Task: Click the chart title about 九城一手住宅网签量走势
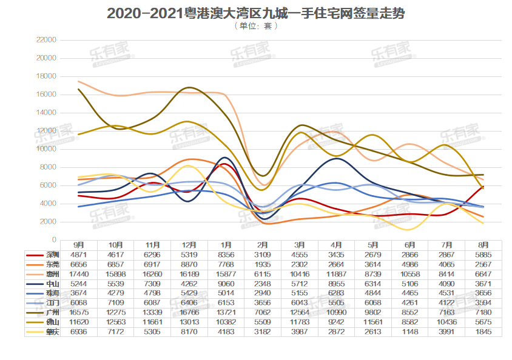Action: (x=256, y=13)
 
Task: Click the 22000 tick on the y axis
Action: (x=47, y=40)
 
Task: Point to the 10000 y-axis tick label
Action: (x=47, y=149)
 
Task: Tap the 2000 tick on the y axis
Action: (x=49, y=222)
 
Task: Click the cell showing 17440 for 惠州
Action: (x=79, y=275)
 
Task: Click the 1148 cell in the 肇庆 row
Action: (x=409, y=333)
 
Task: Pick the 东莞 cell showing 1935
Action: (x=263, y=265)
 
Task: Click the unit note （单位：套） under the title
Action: (x=256, y=26)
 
